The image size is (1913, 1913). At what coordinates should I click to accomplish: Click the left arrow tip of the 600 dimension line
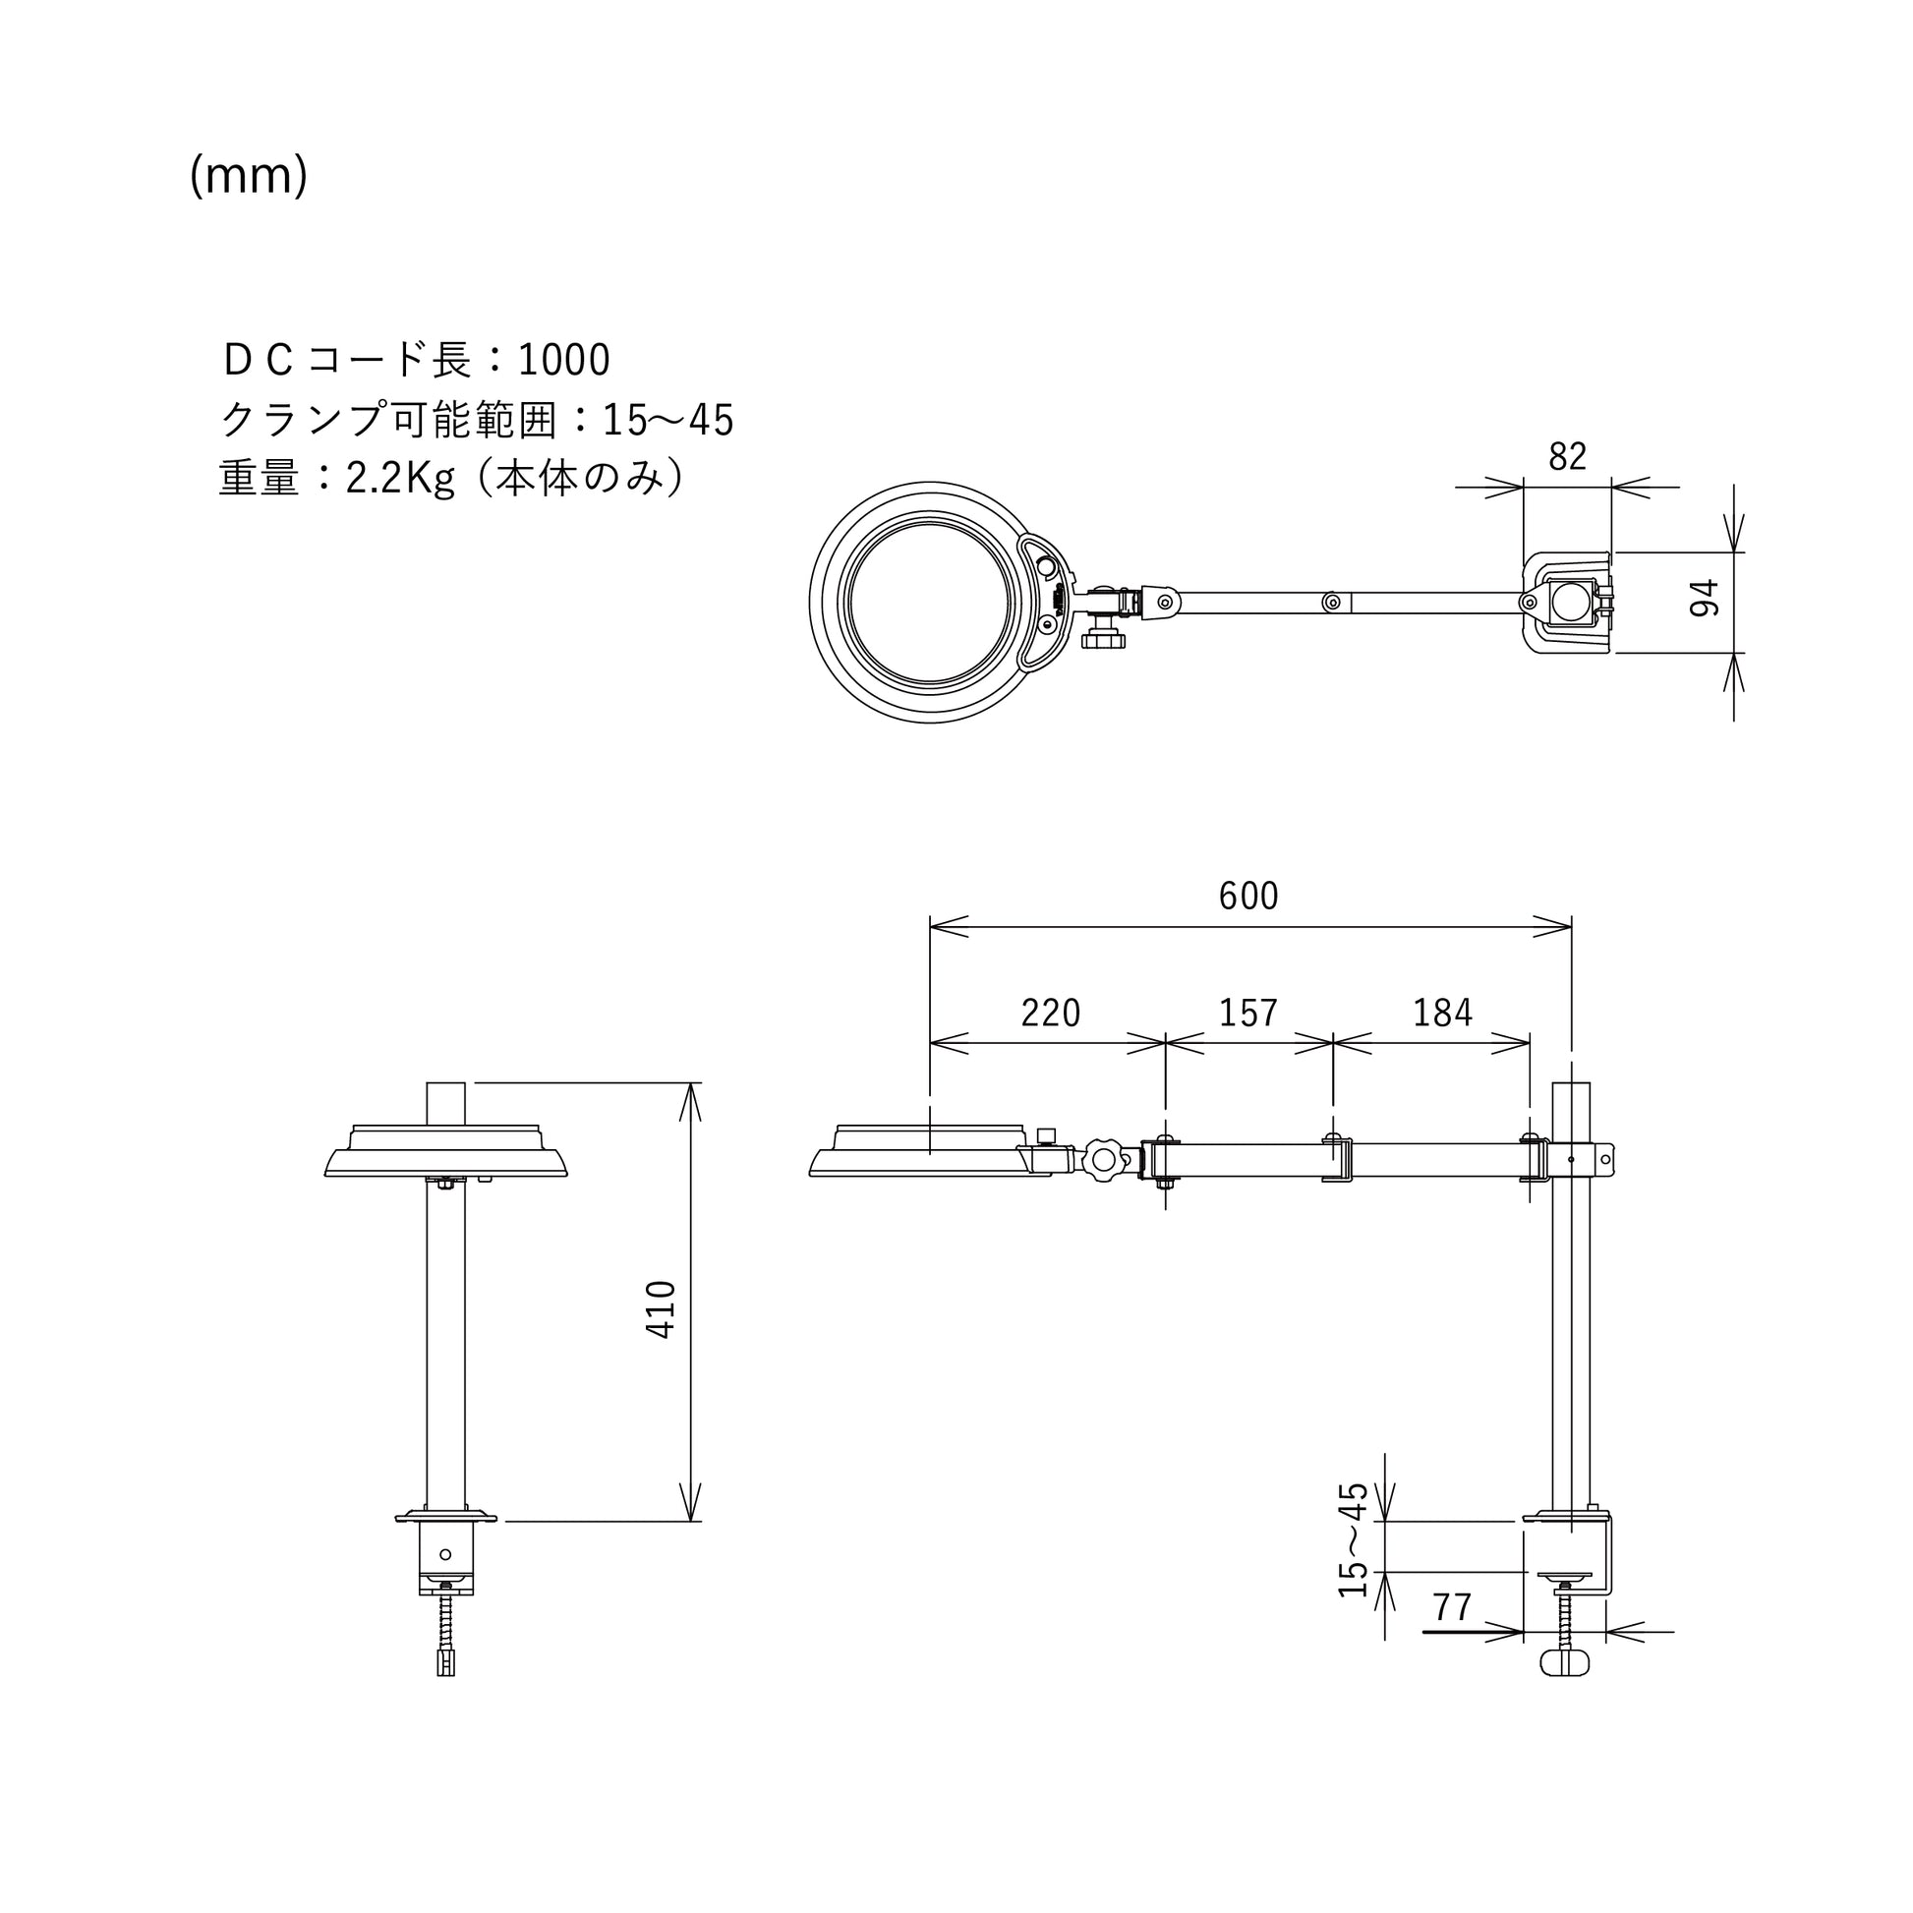931,927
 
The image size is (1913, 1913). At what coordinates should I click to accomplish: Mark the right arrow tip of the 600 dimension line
1571,927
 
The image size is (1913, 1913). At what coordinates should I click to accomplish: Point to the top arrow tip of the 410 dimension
690,1083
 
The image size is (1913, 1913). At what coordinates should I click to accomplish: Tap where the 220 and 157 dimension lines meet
1166,1042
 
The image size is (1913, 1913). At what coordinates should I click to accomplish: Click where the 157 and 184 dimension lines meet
1333,1042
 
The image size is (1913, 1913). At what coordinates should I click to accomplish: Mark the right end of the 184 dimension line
1530,1042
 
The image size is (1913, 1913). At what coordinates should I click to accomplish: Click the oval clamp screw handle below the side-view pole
1565,1662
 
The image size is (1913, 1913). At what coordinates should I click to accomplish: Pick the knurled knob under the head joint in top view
1103,638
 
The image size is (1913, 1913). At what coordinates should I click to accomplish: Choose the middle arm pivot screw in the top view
1333,602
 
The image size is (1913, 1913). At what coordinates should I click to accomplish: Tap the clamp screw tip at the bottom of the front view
445,1663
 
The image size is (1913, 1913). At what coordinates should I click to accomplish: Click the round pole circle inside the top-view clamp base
1567,602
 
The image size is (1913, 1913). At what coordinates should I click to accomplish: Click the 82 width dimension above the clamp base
1567,456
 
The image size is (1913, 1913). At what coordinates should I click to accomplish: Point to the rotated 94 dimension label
1704,598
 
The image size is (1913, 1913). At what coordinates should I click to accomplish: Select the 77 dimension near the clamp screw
1452,1607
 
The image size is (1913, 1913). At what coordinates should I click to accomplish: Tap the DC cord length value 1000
563,360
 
